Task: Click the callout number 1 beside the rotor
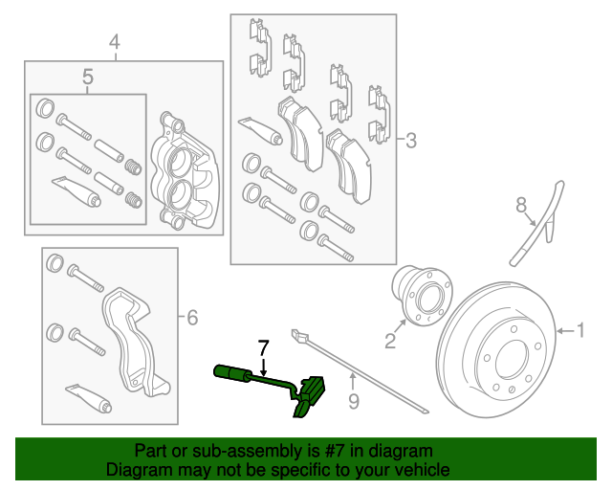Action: [x=580, y=330]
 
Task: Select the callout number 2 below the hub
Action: [x=390, y=341]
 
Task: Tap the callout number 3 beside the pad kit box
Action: [x=411, y=140]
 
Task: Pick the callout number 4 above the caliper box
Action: [x=115, y=42]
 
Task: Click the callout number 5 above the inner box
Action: [x=88, y=77]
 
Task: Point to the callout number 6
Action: [x=192, y=318]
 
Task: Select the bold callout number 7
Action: [x=264, y=347]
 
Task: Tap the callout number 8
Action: [x=521, y=205]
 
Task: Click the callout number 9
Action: [x=354, y=401]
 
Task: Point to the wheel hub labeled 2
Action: [x=423, y=296]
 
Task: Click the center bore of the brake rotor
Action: [x=513, y=360]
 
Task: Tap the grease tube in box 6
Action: [x=89, y=398]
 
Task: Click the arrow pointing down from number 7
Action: [x=264, y=367]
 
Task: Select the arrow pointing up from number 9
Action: [x=353, y=381]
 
